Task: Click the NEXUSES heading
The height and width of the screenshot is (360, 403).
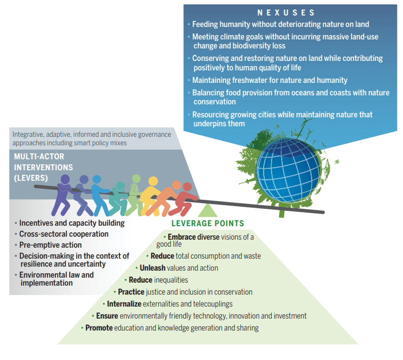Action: [286, 12]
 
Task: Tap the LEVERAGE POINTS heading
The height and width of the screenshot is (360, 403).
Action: [208, 224]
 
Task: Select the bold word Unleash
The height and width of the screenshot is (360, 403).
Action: [152, 268]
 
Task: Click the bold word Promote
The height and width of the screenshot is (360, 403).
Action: [99, 328]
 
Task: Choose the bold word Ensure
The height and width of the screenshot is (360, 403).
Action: [107, 316]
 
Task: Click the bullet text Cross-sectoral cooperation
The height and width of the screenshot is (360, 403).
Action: [64, 234]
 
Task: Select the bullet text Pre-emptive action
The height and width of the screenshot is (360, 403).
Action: [50, 245]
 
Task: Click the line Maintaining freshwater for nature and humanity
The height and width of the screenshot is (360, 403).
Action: [270, 80]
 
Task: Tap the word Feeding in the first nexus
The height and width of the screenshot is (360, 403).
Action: [205, 24]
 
